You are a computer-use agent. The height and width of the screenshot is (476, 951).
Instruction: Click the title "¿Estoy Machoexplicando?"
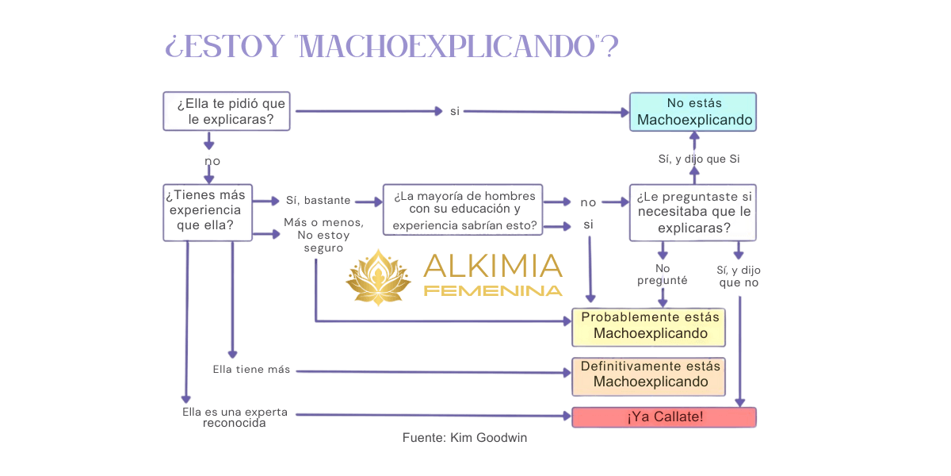[391, 47]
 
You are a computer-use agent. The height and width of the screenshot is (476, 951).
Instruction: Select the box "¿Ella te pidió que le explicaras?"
[225, 112]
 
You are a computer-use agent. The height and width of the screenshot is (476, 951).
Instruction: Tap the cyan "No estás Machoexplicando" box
[693, 112]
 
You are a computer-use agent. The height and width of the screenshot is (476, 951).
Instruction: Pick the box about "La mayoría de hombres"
[464, 211]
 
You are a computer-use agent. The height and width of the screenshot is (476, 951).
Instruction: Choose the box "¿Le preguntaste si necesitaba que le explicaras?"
[693, 212]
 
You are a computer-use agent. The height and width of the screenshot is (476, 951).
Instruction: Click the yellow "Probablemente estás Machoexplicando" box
[649, 326]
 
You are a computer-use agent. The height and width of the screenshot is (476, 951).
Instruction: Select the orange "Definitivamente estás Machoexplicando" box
[649, 375]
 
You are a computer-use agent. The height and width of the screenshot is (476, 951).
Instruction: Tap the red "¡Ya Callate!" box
[664, 416]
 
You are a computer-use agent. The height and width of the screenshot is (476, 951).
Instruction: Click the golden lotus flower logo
[379, 277]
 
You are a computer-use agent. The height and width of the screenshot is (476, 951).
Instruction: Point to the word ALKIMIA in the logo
[493, 265]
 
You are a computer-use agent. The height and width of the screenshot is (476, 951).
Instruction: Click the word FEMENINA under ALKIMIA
[493, 290]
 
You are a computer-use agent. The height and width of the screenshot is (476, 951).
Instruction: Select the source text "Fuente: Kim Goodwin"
[464, 437]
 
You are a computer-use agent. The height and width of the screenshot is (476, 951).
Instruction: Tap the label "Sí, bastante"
[316, 201]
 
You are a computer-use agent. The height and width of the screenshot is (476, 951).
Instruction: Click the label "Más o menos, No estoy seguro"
[323, 235]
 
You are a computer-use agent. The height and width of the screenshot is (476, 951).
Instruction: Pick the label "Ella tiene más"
[251, 370]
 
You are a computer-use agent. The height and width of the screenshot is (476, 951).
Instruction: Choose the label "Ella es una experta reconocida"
[235, 418]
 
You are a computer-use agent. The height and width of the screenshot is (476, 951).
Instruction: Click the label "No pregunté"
[662, 274]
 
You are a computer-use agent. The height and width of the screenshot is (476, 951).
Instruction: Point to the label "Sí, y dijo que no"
[739, 275]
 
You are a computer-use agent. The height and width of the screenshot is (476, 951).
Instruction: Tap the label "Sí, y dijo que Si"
[699, 159]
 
